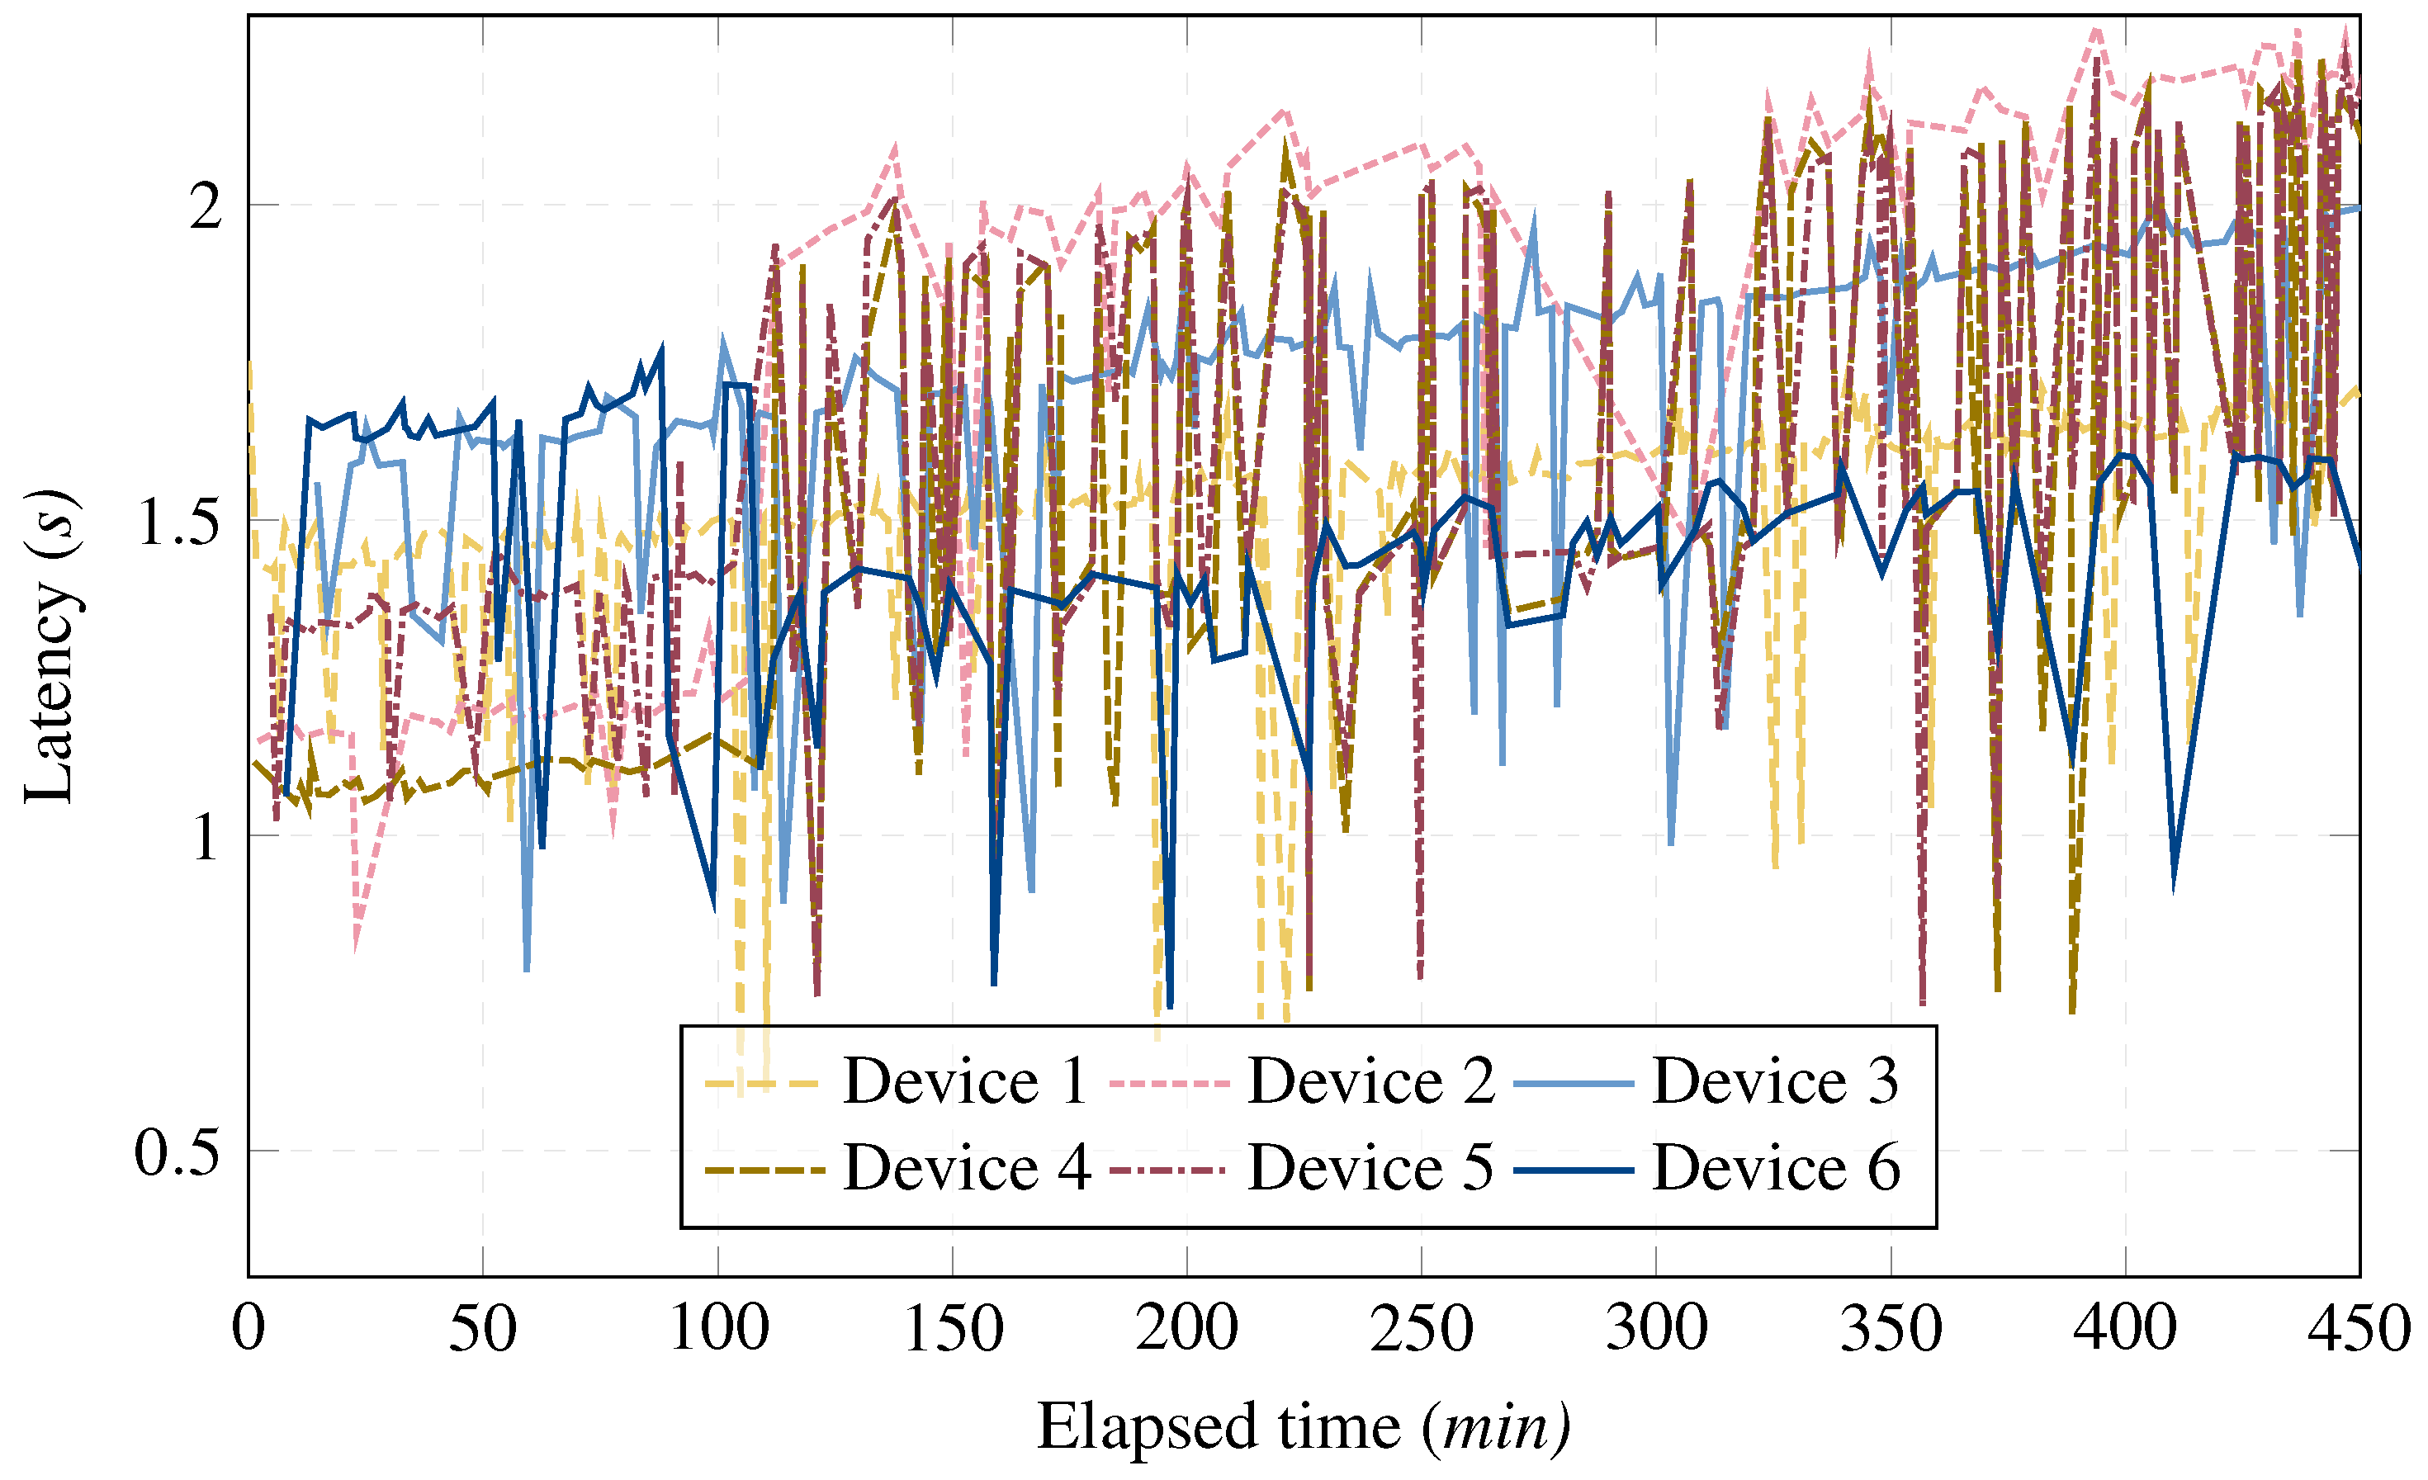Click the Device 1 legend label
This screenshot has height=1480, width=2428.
(x=965, y=1082)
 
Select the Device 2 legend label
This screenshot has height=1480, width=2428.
(x=1370, y=1082)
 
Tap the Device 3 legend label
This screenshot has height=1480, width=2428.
(x=1775, y=1082)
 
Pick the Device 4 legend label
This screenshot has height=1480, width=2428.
(x=967, y=1169)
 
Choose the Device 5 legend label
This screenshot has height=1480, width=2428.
(x=1370, y=1169)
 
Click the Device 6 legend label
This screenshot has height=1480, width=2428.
(x=1776, y=1169)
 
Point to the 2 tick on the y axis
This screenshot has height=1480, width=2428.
(x=205, y=206)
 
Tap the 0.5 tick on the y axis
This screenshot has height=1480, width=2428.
(x=177, y=1151)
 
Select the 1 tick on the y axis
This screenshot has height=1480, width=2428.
(x=205, y=836)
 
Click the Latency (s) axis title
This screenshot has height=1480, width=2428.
(x=50, y=645)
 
